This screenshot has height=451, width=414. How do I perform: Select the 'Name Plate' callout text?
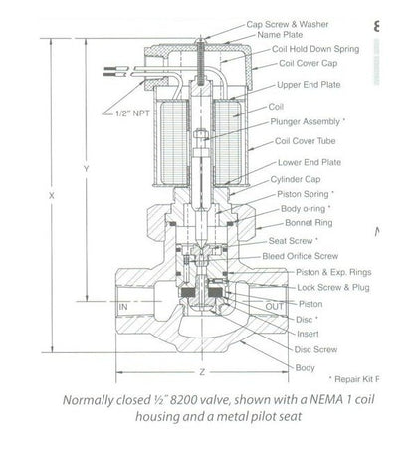[283, 33]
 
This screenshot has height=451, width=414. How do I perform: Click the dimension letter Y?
[85, 170]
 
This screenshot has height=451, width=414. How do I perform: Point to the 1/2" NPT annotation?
[132, 114]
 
